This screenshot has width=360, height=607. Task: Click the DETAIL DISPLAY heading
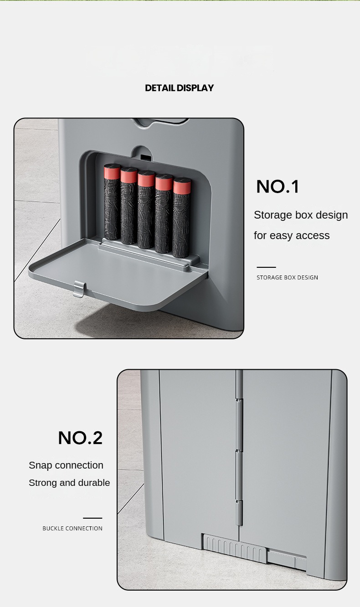[179, 88]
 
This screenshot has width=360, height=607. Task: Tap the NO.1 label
[277, 187]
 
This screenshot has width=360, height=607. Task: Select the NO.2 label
[80, 438]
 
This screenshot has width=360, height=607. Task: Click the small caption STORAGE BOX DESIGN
[287, 277]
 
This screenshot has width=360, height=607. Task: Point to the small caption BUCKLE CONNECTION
[72, 528]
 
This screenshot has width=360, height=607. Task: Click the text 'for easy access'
[292, 235]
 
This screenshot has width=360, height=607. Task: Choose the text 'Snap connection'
[66, 465]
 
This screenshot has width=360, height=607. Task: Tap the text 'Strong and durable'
[69, 483]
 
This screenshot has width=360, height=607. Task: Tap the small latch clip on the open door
[79, 289]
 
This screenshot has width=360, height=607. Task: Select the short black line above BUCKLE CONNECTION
[93, 518]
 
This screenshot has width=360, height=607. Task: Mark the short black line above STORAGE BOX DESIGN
[266, 267]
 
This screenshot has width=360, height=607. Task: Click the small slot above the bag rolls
[145, 158]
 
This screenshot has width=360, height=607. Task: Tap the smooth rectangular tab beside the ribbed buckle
[286, 559]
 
